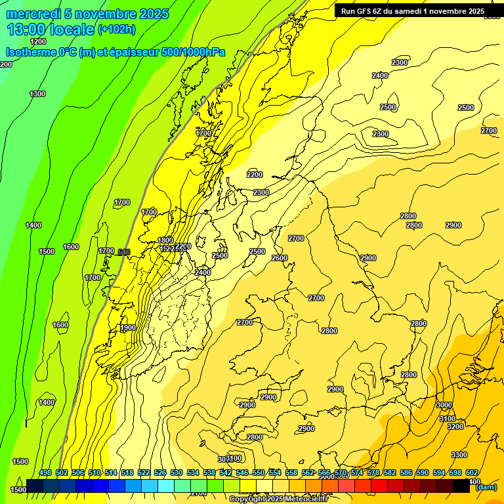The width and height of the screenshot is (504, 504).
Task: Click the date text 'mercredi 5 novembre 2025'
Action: tap(87, 14)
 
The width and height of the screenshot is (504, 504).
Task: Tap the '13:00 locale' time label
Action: tap(51, 30)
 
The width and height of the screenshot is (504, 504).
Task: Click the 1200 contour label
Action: tap(38, 41)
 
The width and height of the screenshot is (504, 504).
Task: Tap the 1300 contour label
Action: tap(37, 94)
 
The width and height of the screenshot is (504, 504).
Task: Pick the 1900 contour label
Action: tap(128, 327)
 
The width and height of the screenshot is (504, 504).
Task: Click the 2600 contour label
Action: tap(280, 258)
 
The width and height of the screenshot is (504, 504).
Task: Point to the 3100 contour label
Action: tap(447, 419)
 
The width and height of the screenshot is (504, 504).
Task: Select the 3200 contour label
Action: tap(455, 427)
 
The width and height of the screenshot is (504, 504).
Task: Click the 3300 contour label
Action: tap(459, 455)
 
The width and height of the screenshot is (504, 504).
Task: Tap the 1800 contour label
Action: tap(165, 240)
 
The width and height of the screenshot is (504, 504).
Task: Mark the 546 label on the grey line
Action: tap(124, 252)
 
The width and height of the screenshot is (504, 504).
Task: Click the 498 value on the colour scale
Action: tap(45, 472)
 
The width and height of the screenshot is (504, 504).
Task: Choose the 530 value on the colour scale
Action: tap(177, 472)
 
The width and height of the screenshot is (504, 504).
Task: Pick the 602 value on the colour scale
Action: tap(472, 472)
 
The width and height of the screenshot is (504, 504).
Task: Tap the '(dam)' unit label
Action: tap(486, 486)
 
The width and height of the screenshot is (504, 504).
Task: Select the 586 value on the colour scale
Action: tap(406, 472)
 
